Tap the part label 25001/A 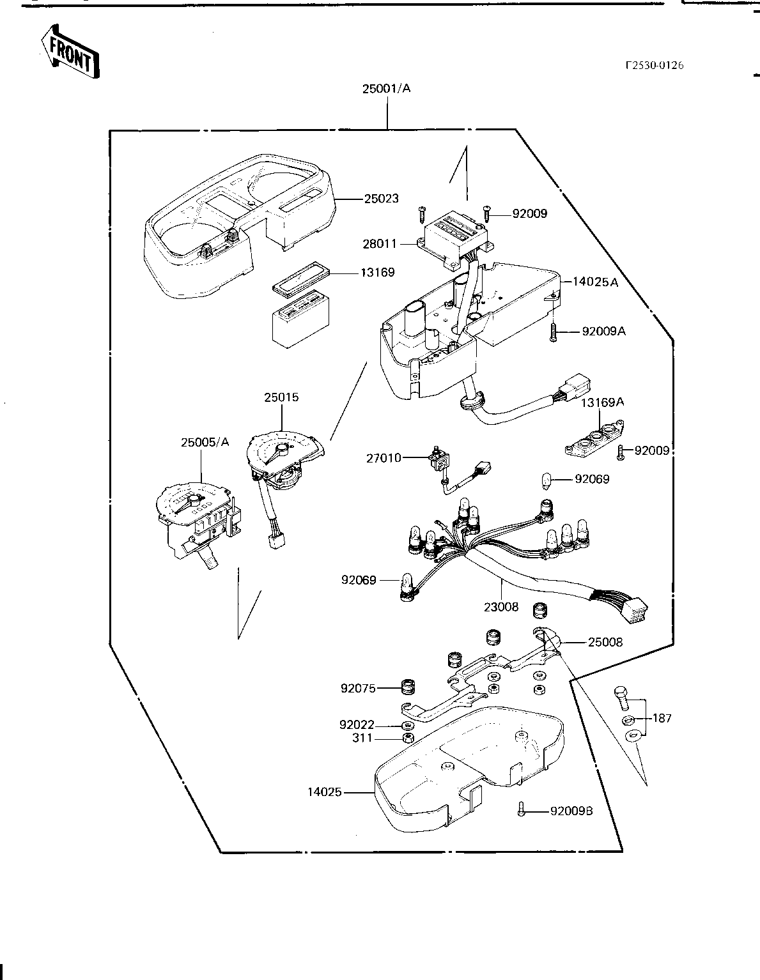(386, 89)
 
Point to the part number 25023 (381, 199)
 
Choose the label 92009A (603, 331)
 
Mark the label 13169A (602, 402)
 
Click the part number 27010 (384, 457)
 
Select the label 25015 (281, 397)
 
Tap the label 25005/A (205, 442)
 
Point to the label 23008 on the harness (500, 607)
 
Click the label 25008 (605, 641)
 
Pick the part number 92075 (357, 688)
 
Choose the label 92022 (357, 725)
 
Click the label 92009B (571, 811)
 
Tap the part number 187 (662, 718)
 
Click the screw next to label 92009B (522, 809)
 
